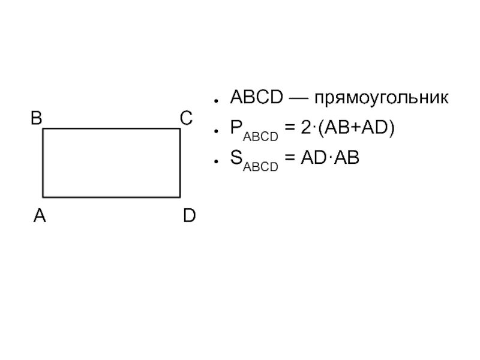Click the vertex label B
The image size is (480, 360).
(x=37, y=119)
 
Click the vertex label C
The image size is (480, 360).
(x=186, y=119)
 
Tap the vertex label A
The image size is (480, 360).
(x=40, y=216)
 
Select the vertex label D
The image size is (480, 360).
(x=189, y=216)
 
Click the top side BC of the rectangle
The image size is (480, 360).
(x=111, y=129)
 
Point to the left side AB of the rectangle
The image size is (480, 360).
(x=43, y=163)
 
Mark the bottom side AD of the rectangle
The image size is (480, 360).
(x=111, y=197)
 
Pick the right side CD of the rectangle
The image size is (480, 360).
(x=180, y=163)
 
